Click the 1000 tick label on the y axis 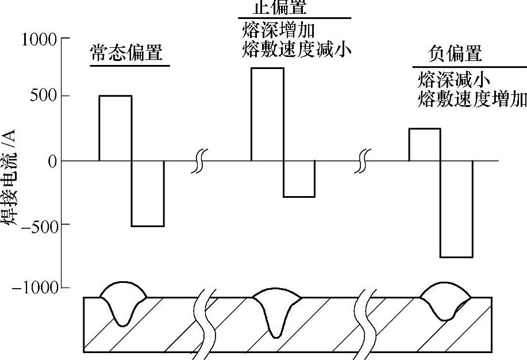39,40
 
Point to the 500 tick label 44,96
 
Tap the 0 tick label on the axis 52,161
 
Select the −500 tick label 40,224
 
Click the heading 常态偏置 126,53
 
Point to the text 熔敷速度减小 297,51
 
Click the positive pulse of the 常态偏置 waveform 116,128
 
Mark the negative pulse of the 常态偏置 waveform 148,193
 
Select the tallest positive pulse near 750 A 267,114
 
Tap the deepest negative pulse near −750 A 456,209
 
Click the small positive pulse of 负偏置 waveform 424,144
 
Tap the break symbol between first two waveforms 198,161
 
